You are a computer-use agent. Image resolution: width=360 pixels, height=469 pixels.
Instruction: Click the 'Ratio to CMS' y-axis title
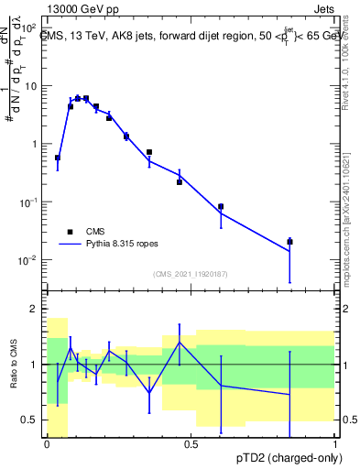[x=13, y=365]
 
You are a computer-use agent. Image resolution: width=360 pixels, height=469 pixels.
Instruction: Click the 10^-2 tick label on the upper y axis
[x=28, y=261]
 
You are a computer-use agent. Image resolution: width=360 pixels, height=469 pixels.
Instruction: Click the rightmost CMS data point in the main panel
[x=289, y=242]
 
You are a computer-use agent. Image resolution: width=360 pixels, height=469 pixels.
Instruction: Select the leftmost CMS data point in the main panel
[x=58, y=158]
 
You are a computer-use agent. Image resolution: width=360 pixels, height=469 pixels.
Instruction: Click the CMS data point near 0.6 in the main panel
[x=221, y=207]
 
